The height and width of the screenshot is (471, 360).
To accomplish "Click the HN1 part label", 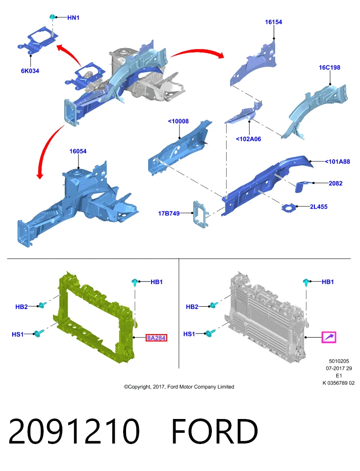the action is pos(73,18).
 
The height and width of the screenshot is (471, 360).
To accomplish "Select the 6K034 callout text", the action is pos(30,71).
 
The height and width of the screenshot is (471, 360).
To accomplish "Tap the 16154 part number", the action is pos(274,22).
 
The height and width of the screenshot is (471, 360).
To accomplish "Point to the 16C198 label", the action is pos(330,68).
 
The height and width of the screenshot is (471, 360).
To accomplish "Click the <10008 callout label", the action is pos(179,121).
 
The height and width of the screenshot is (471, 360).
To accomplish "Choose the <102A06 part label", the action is pos(248,139).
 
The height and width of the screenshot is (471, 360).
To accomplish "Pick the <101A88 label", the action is pos(337,161).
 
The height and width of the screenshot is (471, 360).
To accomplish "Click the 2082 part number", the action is pos(335,183).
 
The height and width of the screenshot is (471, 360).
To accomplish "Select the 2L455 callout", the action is pos(319,207).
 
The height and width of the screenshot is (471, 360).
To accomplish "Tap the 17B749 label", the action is pos(169,213).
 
